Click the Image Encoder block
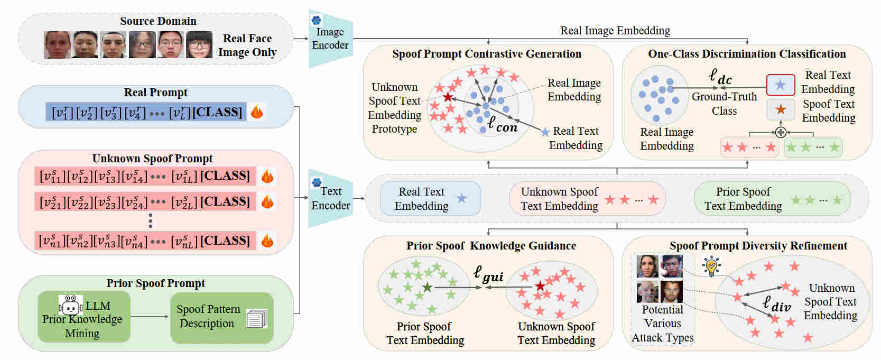tap(330, 39)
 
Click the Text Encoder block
tap(330, 198)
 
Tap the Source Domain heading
tap(158, 21)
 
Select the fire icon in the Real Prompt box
tap(257, 112)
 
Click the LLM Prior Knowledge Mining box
tap(84, 317)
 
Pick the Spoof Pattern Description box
tap(221, 317)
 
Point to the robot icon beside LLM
tap(70, 305)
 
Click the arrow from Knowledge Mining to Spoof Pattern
tap(150, 317)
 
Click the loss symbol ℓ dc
tap(720, 77)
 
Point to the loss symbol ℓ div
tap(776, 304)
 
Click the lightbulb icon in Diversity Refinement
tap(711, 266)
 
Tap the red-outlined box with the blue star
tap(780, 85)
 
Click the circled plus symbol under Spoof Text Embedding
tap(780, 132)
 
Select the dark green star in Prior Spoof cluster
tap(427, 287)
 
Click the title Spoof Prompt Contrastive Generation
tap(487, 54)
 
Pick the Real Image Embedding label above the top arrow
tap(615, 31)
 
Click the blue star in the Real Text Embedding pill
tap(461, 198)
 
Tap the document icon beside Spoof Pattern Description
tap(257, 318)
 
